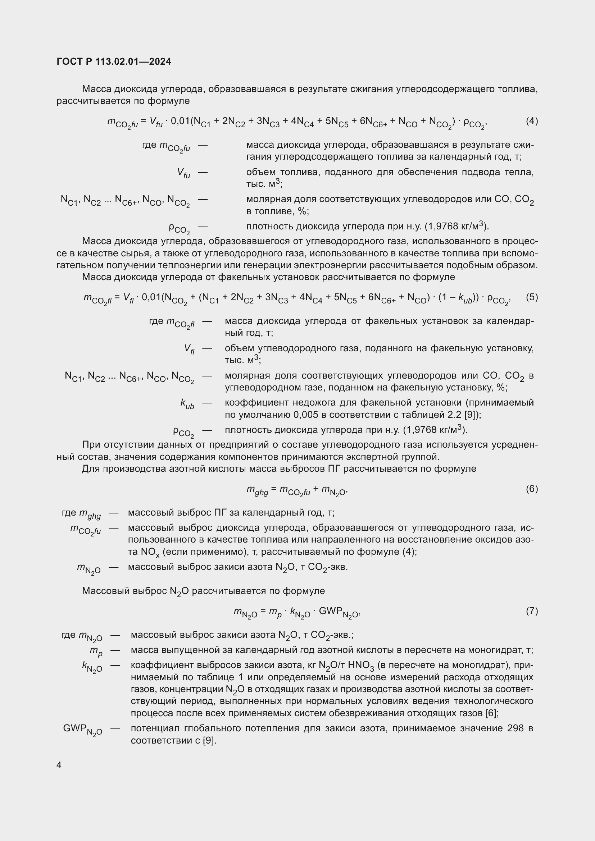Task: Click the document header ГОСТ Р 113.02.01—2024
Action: (x=114, y=62)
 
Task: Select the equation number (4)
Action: (x=532, y=121)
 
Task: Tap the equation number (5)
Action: (x=532, y=297)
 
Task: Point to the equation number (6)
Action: (x=532, y=489)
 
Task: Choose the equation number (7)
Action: (x=532, y=611)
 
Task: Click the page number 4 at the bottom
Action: (x=59, y=765)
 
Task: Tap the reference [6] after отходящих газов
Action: (x=491, y=713)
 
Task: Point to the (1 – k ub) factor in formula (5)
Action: (x=457, y=298)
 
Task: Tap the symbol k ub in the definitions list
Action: (x=187, y=404)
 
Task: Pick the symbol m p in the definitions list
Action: (x=96, y=650)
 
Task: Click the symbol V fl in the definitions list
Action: (x=189, y=349)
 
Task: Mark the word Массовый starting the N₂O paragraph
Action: (x=106, y=591)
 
